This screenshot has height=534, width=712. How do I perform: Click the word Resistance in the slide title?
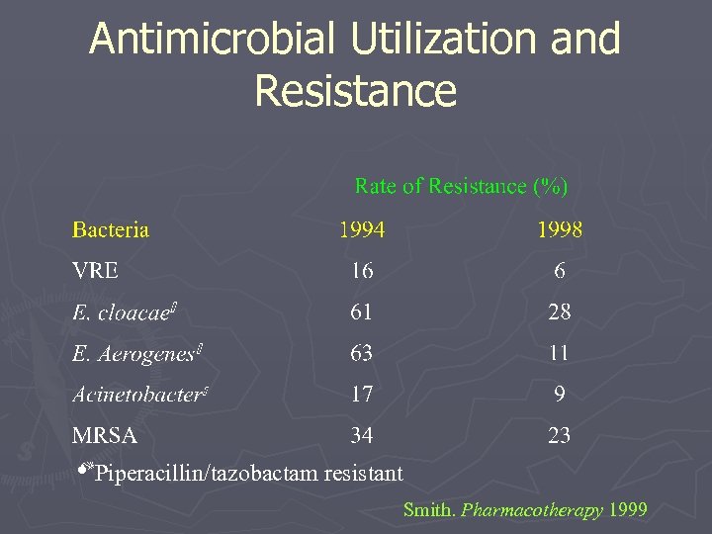(x=355, y=90)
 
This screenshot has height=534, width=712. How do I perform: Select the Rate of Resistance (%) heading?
(x=461, y=186)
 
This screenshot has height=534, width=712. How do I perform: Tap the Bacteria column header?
(x=111, y=230)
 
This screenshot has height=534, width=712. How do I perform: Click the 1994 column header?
(x=362, y=230)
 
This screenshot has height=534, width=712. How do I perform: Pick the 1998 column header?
(x=559, y=230)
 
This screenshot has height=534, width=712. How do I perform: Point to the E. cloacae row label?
(x=122, y=312)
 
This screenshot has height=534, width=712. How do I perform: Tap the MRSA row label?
(x=105, y=435)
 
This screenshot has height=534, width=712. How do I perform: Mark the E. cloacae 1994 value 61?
(x=362, y=312)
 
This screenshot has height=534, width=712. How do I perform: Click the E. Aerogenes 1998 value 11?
(x=560, y=353)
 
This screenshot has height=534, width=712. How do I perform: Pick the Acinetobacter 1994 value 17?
(x=362, y=395)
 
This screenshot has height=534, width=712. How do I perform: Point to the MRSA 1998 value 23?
(x=560, y=435)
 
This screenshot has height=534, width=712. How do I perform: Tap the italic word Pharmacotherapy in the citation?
(x=532, y=510)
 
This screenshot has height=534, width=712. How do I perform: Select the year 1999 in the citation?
(x=629, y=510)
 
